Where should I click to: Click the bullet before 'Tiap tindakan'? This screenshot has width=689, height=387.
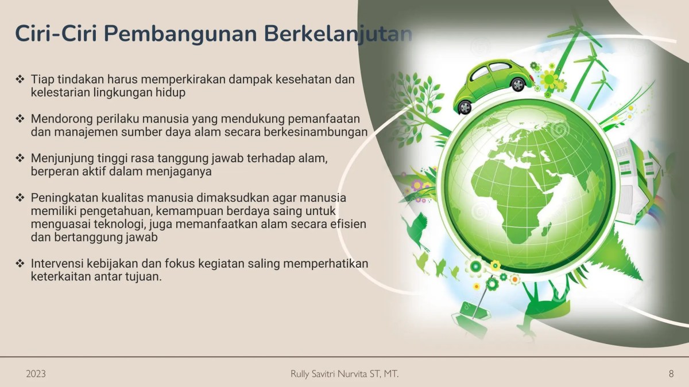(x=20, y=78)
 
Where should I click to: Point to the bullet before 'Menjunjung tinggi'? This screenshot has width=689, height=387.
(x=20, y=158)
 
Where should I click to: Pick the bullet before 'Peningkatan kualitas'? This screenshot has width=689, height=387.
(x=20, y=198)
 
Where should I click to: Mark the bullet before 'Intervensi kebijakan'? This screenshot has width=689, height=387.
(x=20, y=264)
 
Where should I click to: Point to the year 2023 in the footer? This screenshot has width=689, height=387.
(x=36, y=374)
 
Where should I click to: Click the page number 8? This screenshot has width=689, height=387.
(x=671, y=374)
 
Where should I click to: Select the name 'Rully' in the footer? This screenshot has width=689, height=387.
(x=303, y=374)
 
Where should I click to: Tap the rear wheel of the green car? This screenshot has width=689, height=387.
(x=464, y=106)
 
